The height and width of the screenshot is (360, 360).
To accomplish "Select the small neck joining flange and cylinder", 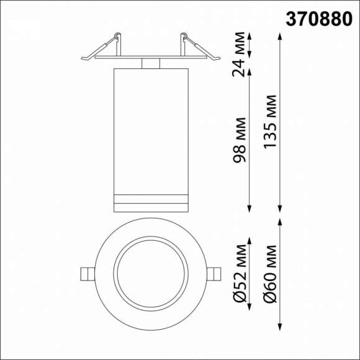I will coord(150,63).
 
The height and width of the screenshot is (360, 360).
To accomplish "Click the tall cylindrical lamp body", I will coord(150,124).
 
